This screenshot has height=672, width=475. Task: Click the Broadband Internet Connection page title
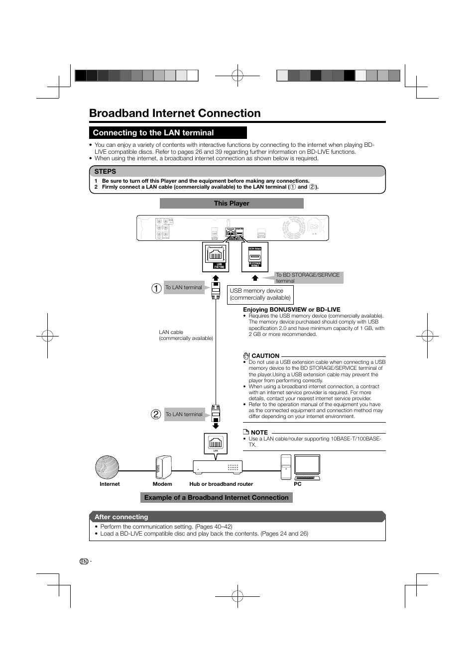click(175, 113)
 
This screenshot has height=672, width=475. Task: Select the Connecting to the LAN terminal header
click(153, 133)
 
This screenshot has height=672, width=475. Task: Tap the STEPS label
click(105, 172)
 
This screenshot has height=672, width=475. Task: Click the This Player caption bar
click(232, 204)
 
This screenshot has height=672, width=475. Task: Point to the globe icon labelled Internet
click(107, 467)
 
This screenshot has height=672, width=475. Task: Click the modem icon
click(163, 467)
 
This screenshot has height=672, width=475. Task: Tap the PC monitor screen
click(307, 465)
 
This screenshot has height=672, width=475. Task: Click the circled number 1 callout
click(156, 288)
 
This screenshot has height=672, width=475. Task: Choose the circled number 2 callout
click(156, 414)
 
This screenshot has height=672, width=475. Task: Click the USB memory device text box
click(260, 295)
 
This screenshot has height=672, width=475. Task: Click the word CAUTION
click(265, 356)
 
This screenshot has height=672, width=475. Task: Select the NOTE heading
click(259, 433)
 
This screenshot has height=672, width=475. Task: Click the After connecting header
click(121, 517)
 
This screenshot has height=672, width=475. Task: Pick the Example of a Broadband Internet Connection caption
click(216, 498)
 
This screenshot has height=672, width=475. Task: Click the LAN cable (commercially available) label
click(186, 335)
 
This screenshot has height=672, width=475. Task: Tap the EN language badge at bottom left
click(84, 561)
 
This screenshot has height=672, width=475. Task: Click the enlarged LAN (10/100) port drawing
click(216, 257)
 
